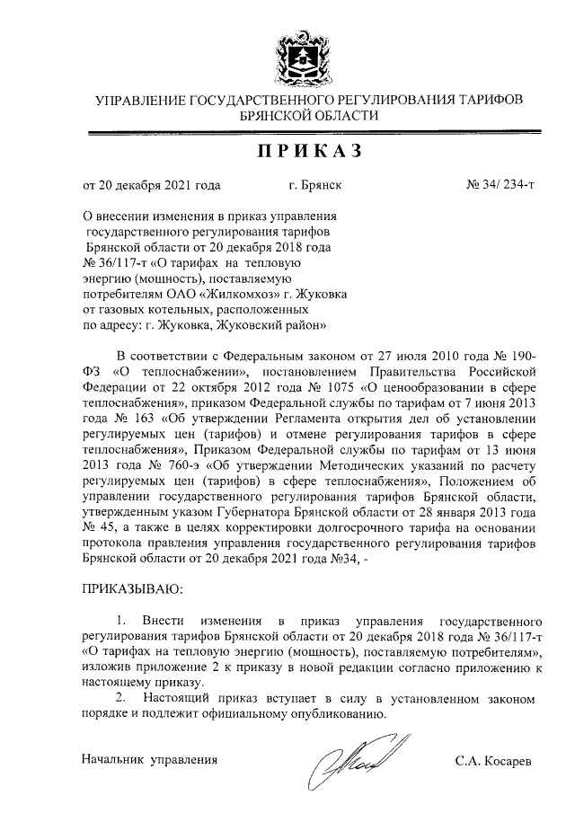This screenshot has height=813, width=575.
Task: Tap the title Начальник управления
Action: (150, 759)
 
